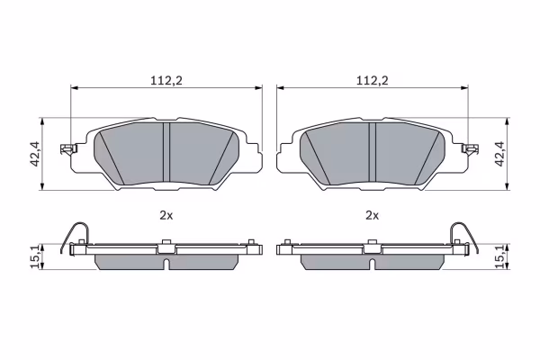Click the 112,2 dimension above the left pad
(166, 81)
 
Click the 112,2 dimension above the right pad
(372, 81)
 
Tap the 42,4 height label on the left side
(36, 154)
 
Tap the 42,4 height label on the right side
(499, 154)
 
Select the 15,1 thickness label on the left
(35, 256)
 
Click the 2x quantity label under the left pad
(166, 216)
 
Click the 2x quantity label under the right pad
(372, 216)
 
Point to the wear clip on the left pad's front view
(68, 149)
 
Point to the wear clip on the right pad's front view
(470, 149)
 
